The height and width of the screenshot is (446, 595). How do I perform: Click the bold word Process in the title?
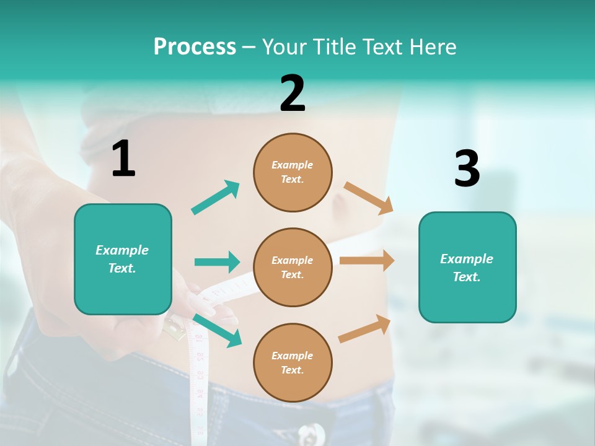point(195,47)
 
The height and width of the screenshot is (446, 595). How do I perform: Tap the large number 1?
point(123,159)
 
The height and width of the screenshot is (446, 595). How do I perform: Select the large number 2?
point(293,94)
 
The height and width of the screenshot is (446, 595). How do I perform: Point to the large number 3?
point(467,168)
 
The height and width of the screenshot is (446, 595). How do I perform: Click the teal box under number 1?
point(123,259)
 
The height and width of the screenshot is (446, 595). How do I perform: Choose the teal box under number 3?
point(467,267)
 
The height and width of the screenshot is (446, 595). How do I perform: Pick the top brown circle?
point(293,172)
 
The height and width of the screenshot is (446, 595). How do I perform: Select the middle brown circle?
point(293,267)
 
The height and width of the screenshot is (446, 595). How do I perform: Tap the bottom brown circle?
point(293,362)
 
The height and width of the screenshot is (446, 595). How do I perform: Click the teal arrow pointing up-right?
point(216,197)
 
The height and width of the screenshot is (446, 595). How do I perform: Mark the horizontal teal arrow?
point(217,262)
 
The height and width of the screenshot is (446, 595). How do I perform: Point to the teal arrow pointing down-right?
point(217,330)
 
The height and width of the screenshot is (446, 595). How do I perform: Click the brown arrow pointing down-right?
point(369,198)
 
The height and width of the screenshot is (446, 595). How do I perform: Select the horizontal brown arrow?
point(367,261)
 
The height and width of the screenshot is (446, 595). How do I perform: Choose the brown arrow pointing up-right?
point(365,328)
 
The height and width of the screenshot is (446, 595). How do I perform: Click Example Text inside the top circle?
point(293,172)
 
